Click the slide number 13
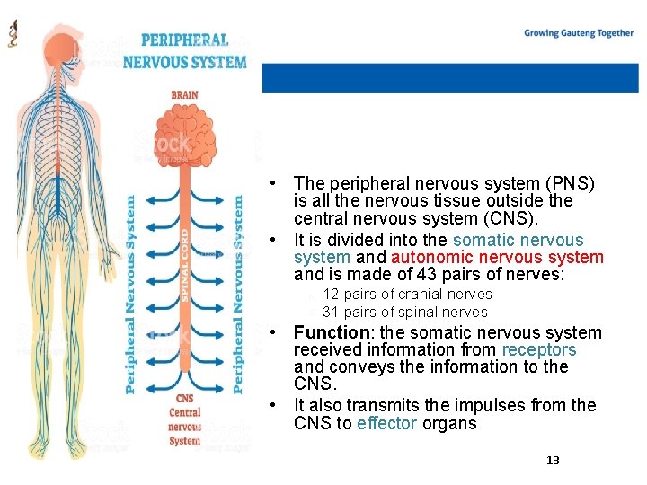pos(553,460)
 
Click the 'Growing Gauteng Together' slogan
pos(579,33)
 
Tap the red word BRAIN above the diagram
pos(185,93)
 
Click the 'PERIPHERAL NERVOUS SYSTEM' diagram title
pos(184,51)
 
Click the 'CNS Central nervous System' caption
pos(184,420)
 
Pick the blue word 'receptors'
pos(539,349)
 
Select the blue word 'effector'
pos(387,423)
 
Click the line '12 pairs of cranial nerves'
pos(407,294)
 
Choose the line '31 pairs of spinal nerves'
pos(404,312)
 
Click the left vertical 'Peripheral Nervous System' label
pos(131,295)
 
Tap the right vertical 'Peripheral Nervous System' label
pos(238,295)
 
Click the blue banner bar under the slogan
pos(449,77)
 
